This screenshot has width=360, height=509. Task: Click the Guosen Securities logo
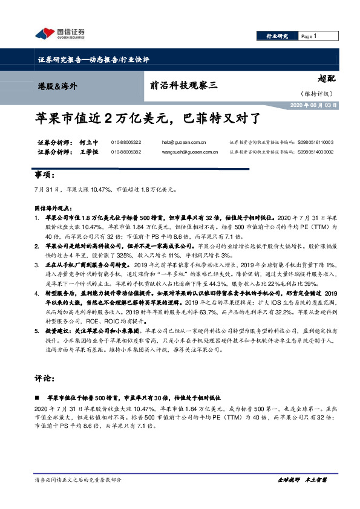[x=59, y=34]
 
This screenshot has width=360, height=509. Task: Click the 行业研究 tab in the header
[x=278, y=36]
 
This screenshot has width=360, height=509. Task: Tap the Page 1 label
[x=310, y=36]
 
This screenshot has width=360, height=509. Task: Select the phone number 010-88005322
[x=125, y=142]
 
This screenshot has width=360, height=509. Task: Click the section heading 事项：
[x=45, y=175]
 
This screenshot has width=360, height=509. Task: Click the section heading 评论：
[x=45, y=379]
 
